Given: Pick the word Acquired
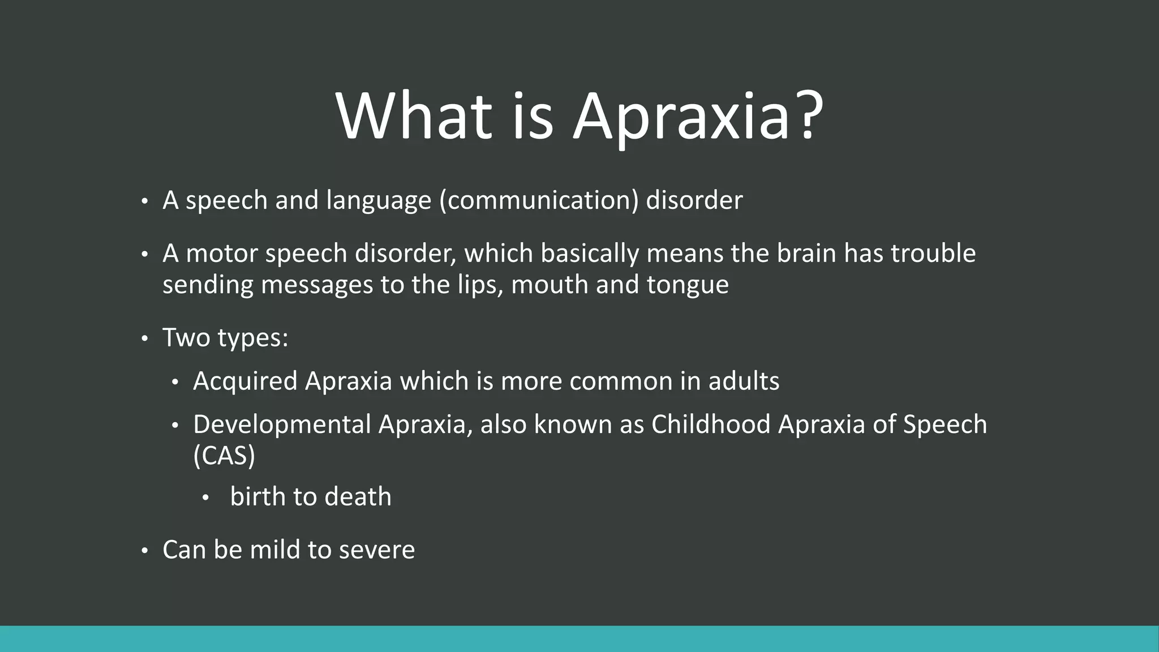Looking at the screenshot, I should coord(245,381).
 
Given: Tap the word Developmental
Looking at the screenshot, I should coord(282,424).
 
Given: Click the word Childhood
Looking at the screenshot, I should coord(710,424).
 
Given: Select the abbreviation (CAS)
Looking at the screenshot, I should coord(224,456).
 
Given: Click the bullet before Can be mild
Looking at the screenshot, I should coord(144,551).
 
